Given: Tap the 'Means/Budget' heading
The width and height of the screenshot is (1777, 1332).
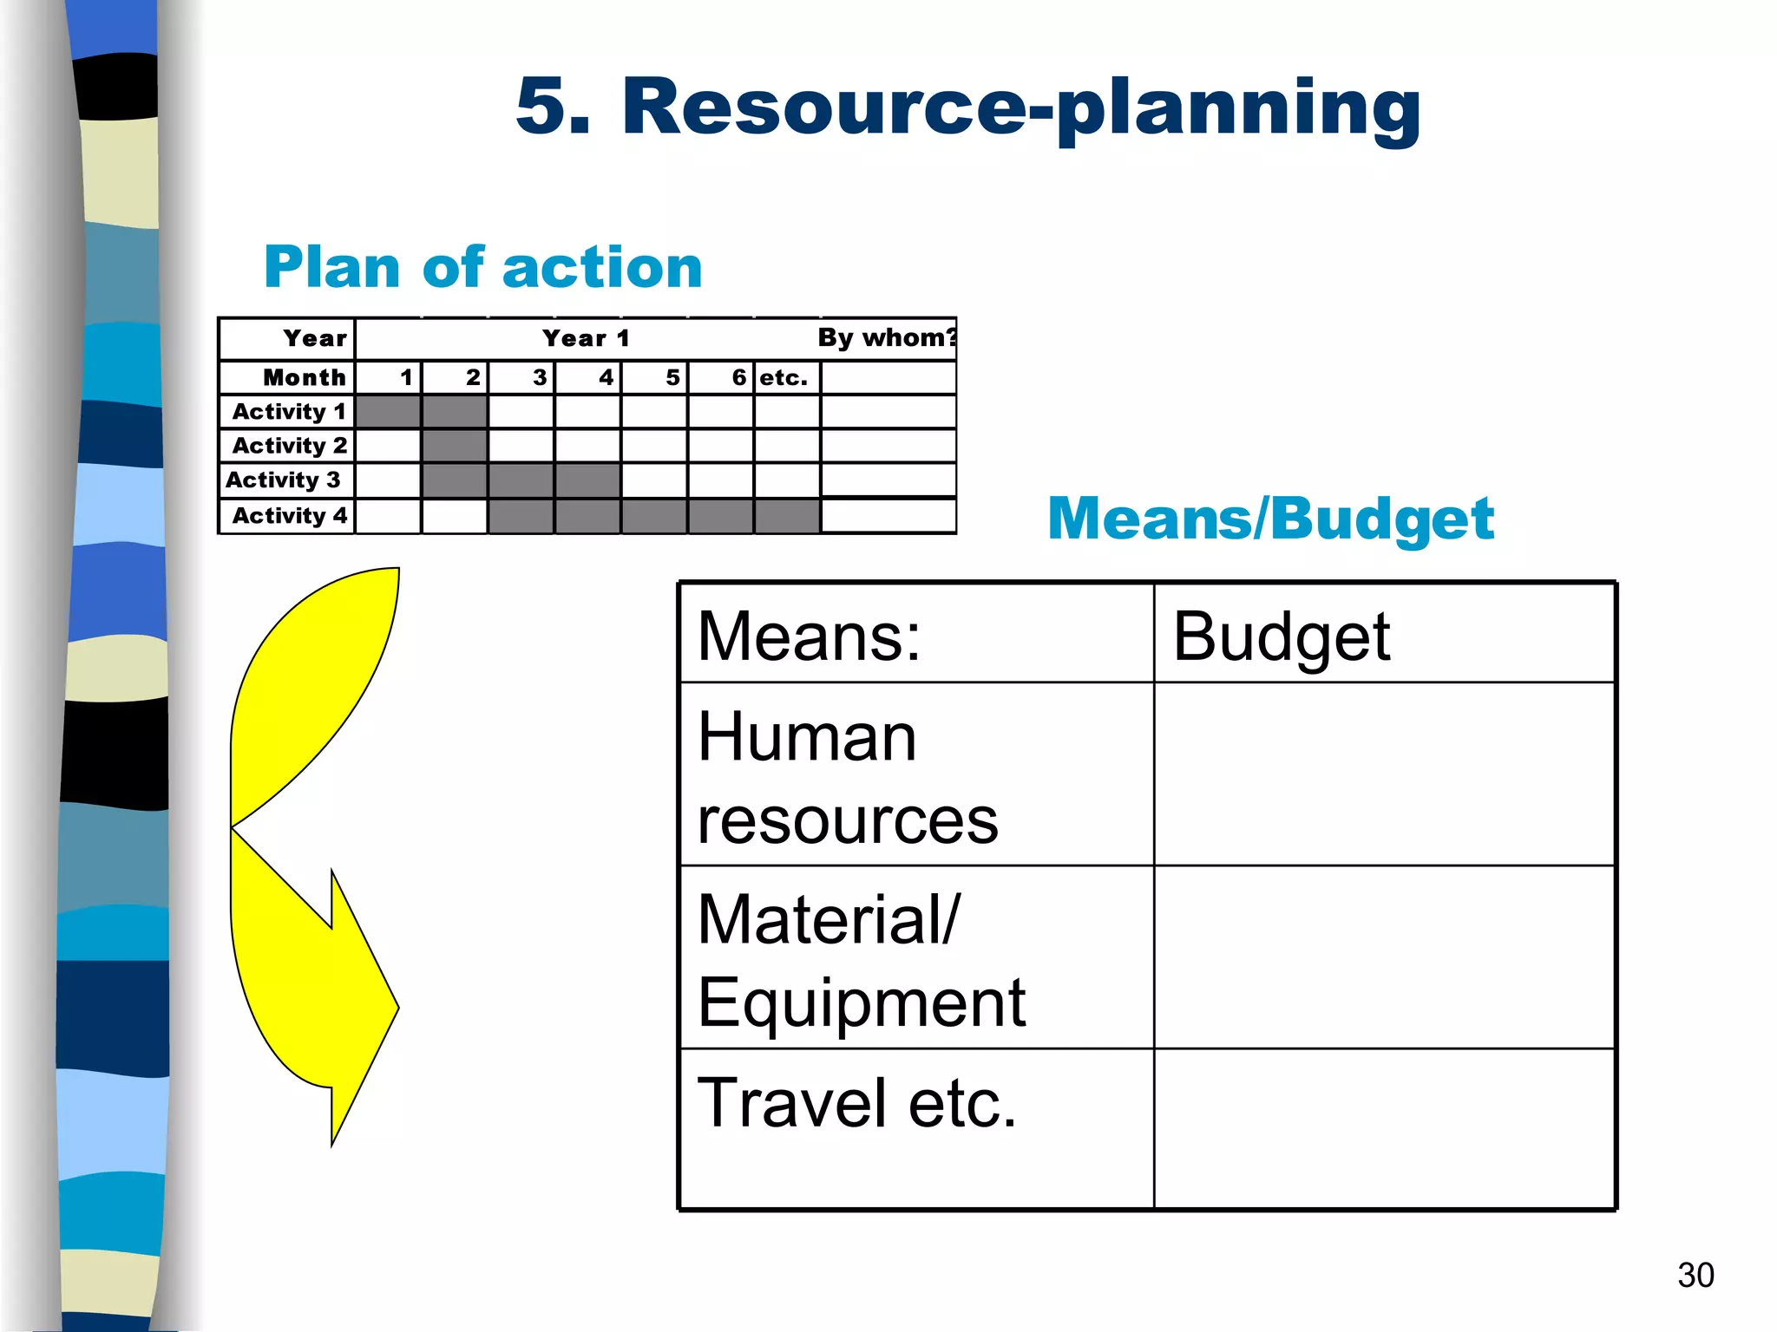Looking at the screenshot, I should point(1270,519).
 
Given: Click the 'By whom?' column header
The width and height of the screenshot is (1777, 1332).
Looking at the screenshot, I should point(887,337).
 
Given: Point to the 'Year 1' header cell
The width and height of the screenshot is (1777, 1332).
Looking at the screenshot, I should point(586,338).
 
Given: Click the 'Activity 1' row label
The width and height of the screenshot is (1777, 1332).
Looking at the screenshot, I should point(288,411).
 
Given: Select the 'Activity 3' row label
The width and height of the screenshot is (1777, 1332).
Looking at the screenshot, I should point(284,480).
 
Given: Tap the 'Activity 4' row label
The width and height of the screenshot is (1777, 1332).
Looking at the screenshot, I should point(288,515).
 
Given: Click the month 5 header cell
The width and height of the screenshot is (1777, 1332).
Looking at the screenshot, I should point(655,377).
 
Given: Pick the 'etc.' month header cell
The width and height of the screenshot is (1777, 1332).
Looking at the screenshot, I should point(785,377).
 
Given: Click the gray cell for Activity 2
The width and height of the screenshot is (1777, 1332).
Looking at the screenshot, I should point(455,446).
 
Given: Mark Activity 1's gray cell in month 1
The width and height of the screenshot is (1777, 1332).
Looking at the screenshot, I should point(388,411).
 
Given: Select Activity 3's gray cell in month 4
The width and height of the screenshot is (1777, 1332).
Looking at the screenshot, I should point(587,480).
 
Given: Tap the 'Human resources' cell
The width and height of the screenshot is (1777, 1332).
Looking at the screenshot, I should point(915,775).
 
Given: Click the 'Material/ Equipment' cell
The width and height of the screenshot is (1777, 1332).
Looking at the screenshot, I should point(915,958).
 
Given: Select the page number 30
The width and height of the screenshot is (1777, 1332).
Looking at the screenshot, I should point(1695,1275).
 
